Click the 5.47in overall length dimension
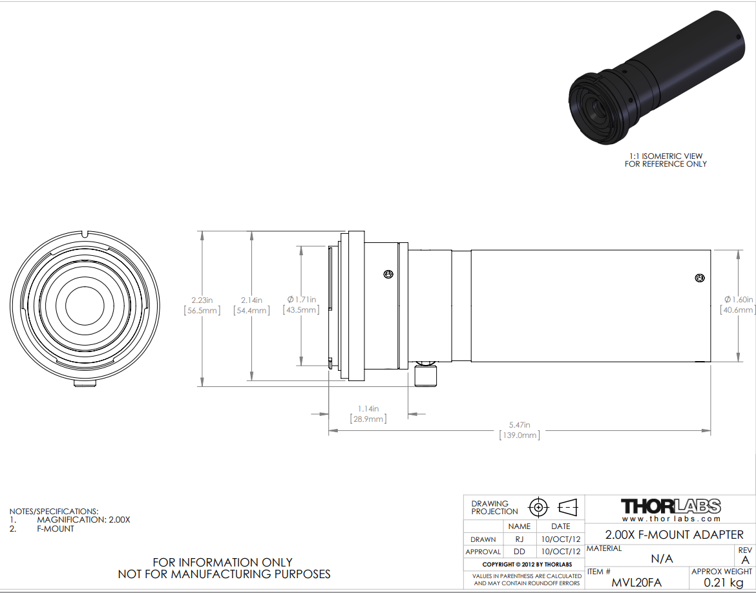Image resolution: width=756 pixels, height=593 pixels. click(520, 430)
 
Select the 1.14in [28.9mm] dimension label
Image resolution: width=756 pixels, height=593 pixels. click(368, 413)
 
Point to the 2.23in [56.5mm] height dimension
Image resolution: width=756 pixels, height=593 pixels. click(202, 305)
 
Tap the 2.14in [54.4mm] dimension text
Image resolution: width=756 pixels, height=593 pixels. click(252, 305)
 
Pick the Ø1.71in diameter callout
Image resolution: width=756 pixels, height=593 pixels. click(301, 305)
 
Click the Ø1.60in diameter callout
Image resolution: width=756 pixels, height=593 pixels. click(738, 305)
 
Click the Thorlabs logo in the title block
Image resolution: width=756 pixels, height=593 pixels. click(671, 510)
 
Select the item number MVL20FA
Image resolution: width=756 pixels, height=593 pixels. click(636, 583)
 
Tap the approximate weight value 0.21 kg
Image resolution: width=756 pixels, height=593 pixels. click(723, 583)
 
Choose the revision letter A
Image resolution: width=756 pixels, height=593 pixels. click(746, 560)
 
